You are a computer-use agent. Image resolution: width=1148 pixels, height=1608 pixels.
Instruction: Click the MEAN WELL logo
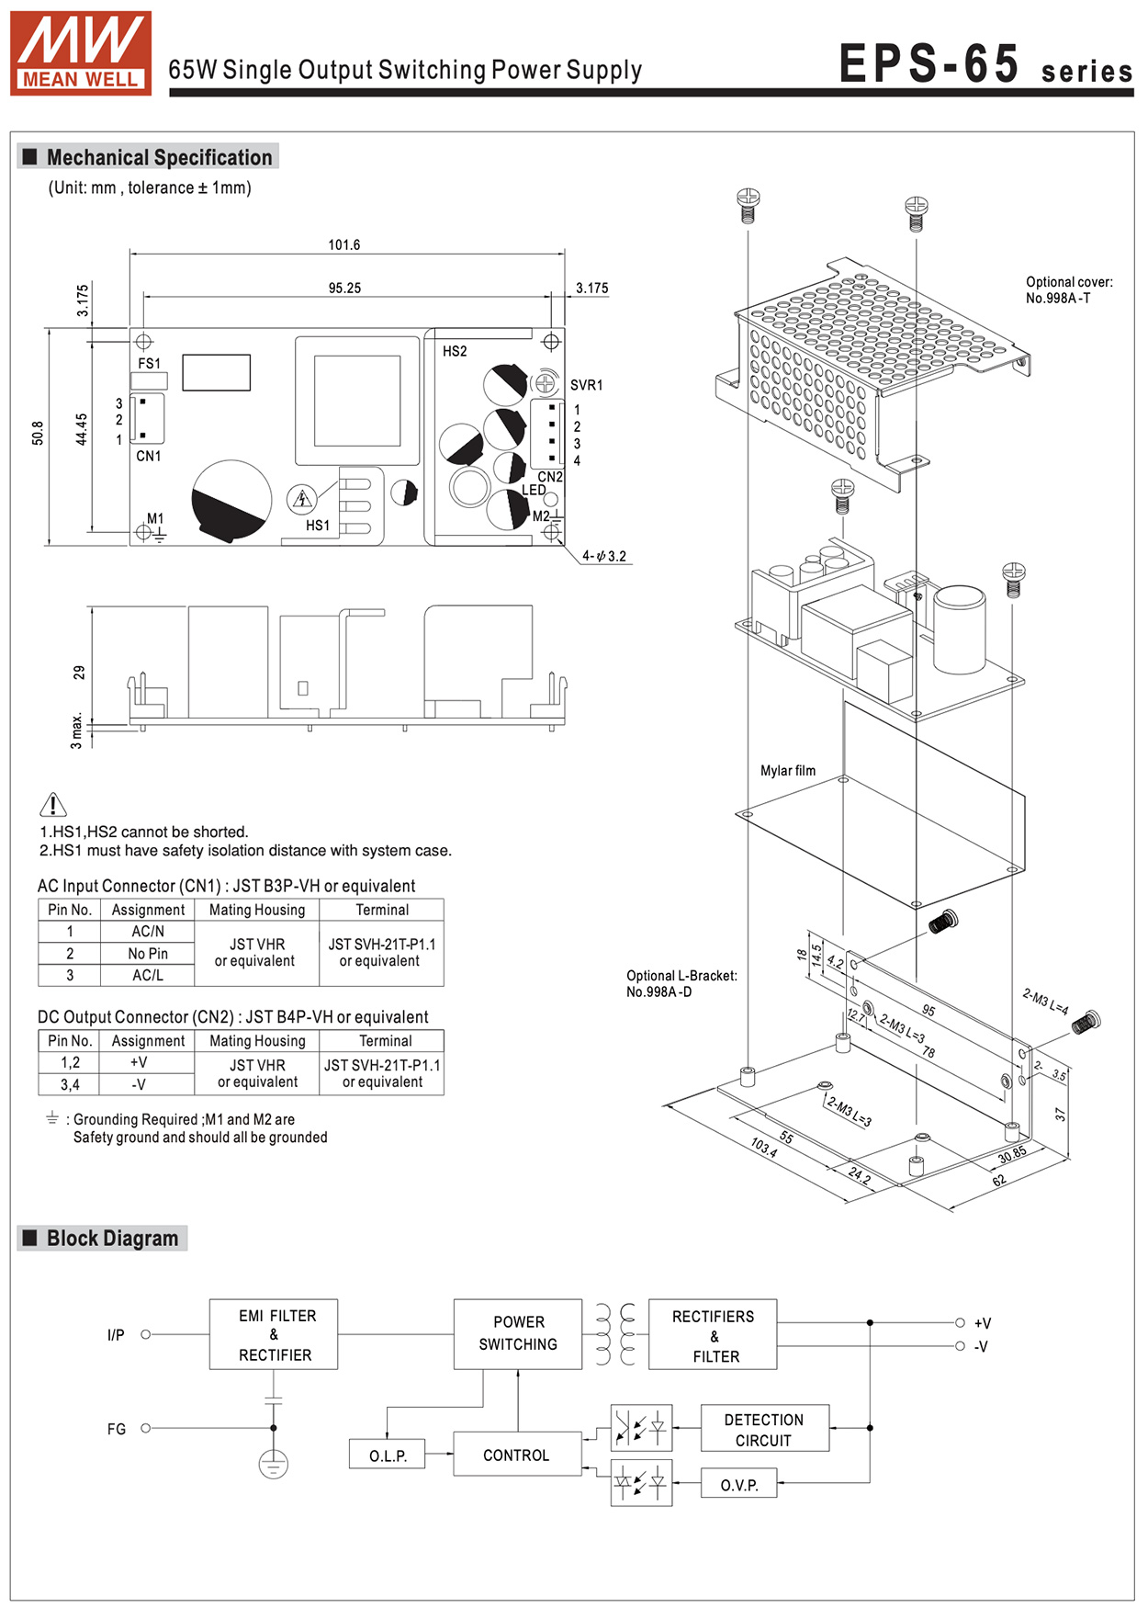tap(81, 52)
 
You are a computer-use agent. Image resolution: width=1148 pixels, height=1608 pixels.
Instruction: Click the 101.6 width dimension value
tap(344, 245)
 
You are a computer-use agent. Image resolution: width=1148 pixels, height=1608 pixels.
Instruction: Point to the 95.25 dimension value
tap(344, 289)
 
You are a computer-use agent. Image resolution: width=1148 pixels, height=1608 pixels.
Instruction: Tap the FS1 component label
tap(149, 364)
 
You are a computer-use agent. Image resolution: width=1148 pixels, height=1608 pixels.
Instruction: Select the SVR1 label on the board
tap(586, 385)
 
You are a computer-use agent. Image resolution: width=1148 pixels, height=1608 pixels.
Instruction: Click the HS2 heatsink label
tap(455, 351)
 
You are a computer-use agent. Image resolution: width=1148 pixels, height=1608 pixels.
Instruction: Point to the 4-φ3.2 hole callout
tap(604, 556)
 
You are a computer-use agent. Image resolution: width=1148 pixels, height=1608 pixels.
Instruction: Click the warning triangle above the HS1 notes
tap(53, 805)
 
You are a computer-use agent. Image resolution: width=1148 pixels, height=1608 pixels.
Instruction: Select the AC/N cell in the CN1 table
tap(148, 932)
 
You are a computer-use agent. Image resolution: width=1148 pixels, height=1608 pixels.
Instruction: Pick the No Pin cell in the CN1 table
tap(148, 954)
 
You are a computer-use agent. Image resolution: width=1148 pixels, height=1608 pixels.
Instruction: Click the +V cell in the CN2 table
tap(139, 1062)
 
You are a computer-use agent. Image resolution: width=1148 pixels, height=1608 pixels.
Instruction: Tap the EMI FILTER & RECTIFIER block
tap(274, 1334)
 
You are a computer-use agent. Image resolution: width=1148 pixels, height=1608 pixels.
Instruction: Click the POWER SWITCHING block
tap(518, 1334)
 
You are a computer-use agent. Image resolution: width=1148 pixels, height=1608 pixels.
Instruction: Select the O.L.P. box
tap(388, 1455)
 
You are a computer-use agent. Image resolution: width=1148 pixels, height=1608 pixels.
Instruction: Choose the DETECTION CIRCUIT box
tap(764, 1429)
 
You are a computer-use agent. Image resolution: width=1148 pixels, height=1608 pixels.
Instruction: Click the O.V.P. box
tap(739, 1484)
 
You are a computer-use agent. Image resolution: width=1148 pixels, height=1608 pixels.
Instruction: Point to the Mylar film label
tap(788, 771)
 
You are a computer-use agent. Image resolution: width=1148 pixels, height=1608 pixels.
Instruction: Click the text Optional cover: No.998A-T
tap(1069, 290)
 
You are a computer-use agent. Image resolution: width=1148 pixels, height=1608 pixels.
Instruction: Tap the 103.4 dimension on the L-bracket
tap(764, 1147)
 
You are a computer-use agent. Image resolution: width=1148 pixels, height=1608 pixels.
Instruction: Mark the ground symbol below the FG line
tap(274, 1464)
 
